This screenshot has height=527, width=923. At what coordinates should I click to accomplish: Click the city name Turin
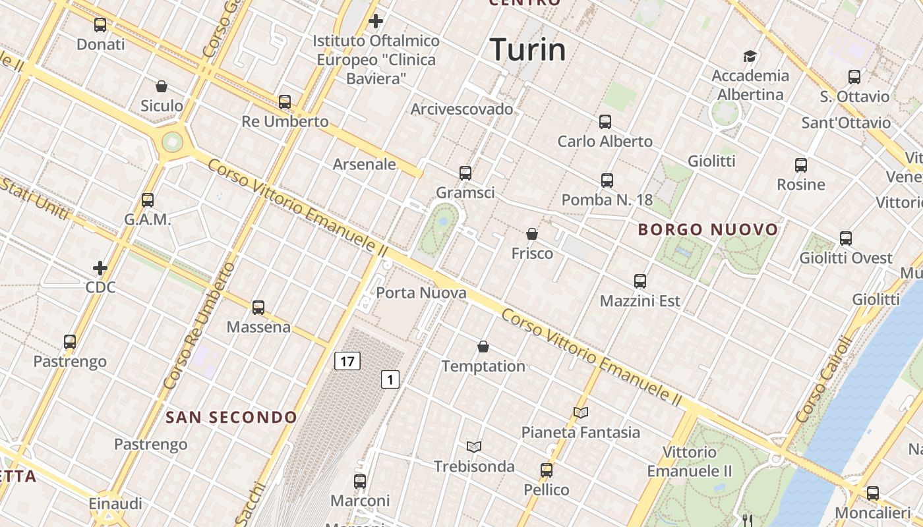(x=527, y=50)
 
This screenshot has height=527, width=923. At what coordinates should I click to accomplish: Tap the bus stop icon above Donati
(x=100, y=25)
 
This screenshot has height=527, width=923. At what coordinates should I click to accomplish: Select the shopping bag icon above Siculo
(x=162, y=86)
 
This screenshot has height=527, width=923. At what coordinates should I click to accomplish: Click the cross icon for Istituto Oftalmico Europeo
(x=376, y=21)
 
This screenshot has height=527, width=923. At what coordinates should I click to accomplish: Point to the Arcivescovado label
(x=461, y=109)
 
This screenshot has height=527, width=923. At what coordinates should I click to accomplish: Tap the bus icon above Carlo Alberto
(x=605, y=121)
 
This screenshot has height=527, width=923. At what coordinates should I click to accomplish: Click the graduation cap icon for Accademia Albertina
(x=750, y=56)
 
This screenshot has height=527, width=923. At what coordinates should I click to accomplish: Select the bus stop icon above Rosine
(x=801, y=165)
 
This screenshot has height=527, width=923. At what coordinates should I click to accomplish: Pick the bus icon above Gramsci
(x=465, y=173)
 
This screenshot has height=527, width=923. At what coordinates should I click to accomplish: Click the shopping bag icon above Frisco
(x=532, y=234)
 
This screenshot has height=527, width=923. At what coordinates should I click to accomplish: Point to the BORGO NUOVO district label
(x=708, y=230)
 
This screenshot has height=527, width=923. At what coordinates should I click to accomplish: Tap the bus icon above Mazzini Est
(x=640, y=281)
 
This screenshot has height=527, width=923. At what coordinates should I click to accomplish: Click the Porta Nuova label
(x=421, y=292)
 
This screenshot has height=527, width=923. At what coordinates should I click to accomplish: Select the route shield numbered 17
(x=347, y=361)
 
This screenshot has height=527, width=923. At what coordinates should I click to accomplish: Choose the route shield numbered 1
(x=390, y=379)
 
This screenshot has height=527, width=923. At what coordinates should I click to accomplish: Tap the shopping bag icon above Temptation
(x=483, y=347)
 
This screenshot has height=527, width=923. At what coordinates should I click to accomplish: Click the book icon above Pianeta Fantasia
(x=580, y=412)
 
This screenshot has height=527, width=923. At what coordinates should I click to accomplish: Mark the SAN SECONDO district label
(x=231, y=417)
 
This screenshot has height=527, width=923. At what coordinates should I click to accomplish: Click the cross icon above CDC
(x=100, y=268)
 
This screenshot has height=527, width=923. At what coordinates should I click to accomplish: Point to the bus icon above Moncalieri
(x=873, y=493)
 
